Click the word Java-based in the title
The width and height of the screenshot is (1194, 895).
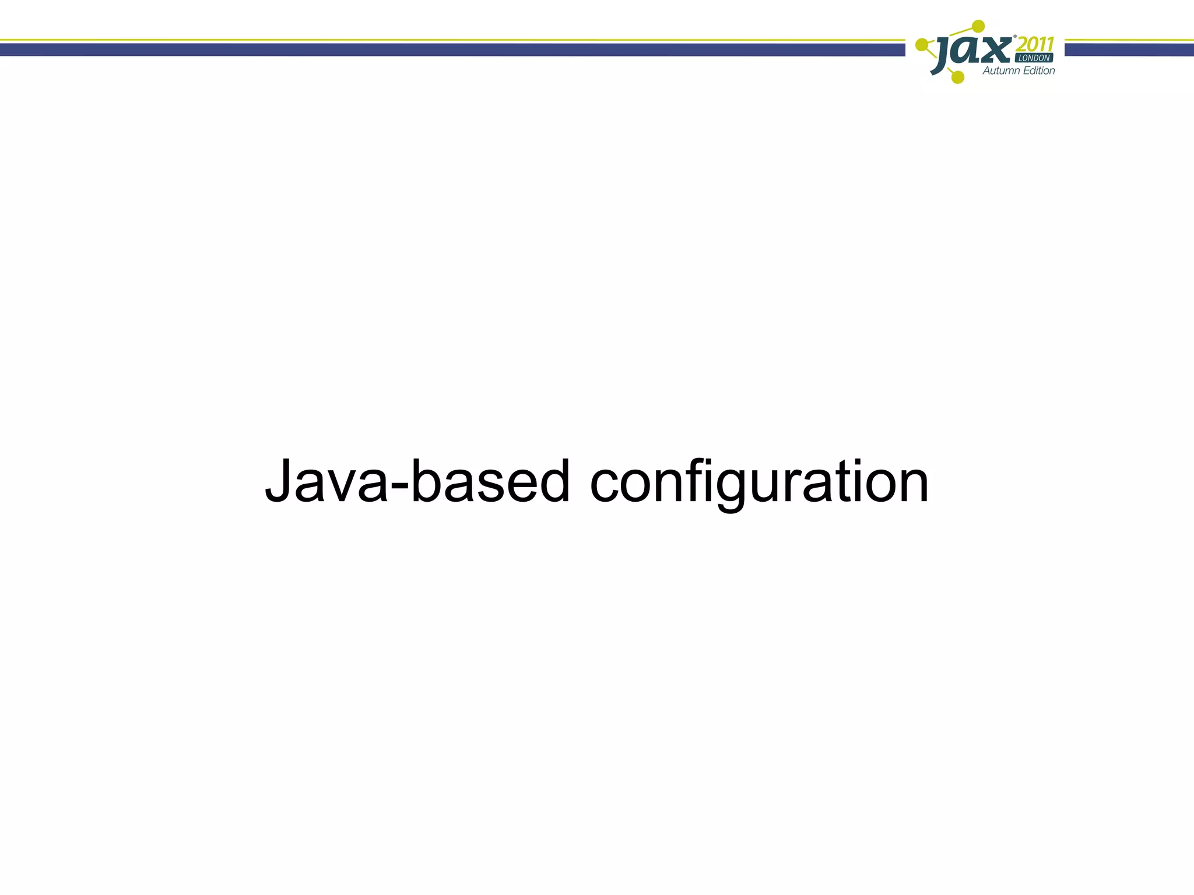(x=417, y=482)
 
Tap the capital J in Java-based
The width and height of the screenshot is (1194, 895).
(x=279, y=481)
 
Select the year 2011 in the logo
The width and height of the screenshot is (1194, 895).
(x=1036, y=44)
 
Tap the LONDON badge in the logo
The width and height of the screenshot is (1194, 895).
(x=1035, y=58)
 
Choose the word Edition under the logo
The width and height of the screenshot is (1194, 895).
(x=1040, y=71)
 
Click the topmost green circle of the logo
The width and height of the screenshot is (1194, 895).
(x=979, y=26)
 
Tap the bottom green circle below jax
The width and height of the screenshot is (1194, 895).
(x=957, y=77)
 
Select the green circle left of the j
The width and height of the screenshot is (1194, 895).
(x=922, y=44)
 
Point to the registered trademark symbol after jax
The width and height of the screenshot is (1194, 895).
(x=1015, y=37)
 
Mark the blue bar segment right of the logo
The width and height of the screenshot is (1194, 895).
(x=1129, y=50)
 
